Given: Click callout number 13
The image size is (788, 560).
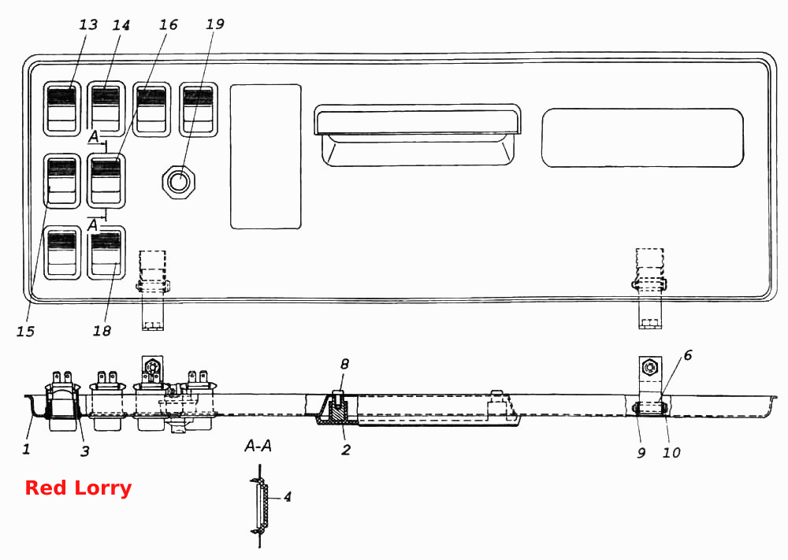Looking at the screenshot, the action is point(88,24).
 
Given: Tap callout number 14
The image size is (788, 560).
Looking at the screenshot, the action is point(121,24).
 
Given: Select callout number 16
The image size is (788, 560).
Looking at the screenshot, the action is point(169,24).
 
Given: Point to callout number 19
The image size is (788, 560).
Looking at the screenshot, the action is point(215,24).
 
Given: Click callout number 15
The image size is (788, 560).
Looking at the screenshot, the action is point(25,331).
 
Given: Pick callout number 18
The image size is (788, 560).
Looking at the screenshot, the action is point(102,331).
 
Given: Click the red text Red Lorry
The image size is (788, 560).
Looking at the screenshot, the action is point(78,488).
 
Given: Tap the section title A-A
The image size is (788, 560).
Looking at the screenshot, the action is point(258,445).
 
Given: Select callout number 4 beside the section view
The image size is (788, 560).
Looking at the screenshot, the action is point(287,497).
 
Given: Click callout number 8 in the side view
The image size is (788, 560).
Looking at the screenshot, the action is point(344,364).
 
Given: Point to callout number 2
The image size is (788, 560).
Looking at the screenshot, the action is point(346,449).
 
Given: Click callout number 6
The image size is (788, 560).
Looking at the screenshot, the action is point(687,355).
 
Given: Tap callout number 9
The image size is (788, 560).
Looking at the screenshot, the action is point(641,453).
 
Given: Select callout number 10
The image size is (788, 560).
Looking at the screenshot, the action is point(671,453).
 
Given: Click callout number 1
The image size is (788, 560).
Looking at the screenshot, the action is point(26,448).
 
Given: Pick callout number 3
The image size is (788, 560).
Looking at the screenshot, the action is point(84,451).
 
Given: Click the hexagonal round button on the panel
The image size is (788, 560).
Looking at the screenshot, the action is point(178,181).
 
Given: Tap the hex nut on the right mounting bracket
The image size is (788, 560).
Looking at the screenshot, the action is point(650,369).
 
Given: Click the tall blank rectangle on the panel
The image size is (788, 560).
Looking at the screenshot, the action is point(266,157).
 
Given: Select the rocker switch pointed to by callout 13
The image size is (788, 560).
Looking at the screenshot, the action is point(61,109).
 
